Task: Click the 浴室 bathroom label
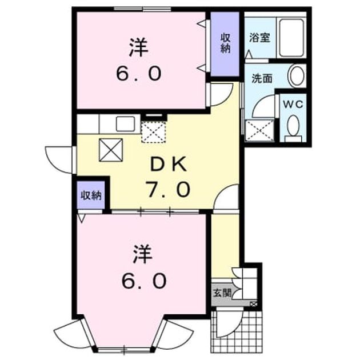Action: point(259,38)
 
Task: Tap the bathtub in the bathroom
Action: point(291,38)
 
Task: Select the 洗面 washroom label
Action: point(262,78)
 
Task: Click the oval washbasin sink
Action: point(297,76)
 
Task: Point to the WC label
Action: point(293,105)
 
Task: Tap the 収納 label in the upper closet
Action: point(225,43)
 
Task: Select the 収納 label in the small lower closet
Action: point(91,195)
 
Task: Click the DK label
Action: point(168,165)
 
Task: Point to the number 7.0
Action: point(169,189)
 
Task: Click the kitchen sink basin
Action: point(125,124)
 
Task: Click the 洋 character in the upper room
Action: point(139,47)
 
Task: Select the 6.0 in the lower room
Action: point(144,281)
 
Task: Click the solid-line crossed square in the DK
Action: point(111,150)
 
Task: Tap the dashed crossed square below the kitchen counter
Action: point(153,132)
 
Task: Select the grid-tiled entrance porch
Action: point(237,331)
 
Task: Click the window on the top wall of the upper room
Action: point(143,9)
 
